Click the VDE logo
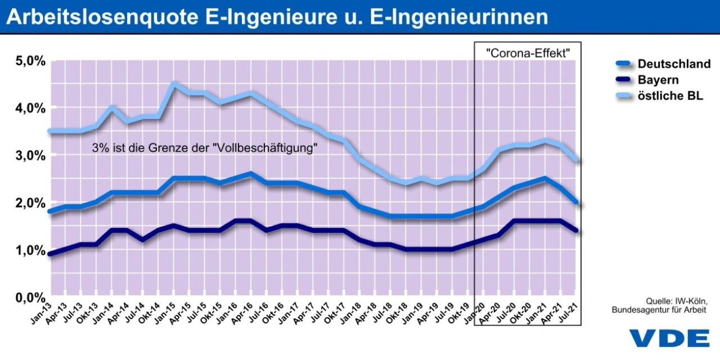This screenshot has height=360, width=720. (x=669, y=337)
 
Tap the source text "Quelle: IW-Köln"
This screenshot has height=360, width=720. (x=676, y=301)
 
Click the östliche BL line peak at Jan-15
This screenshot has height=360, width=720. (x=174, y=84)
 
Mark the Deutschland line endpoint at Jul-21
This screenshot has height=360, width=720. (x=575, y=202)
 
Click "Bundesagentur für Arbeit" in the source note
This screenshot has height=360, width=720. (x=659, y=310)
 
